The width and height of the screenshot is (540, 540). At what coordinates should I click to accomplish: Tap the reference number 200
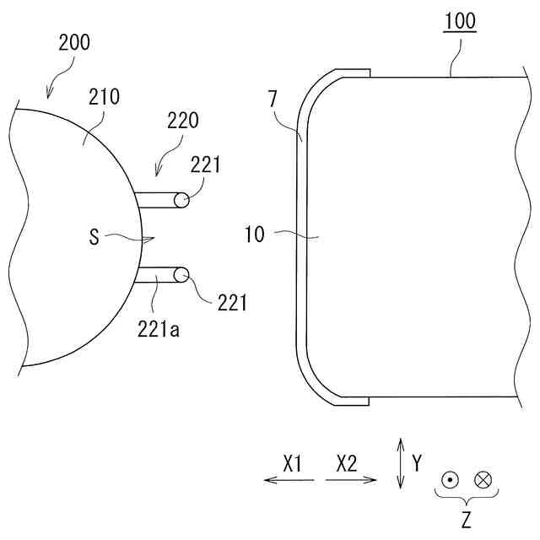74,43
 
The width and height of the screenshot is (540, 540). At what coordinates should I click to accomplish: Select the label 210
104,97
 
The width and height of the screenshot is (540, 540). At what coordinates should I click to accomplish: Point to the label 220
183,120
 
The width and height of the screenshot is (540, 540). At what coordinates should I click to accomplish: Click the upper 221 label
205,165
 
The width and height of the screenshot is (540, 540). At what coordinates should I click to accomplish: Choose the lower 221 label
232,303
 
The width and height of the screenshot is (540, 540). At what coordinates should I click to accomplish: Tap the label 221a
159,329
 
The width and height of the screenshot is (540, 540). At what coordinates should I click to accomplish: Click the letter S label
94,237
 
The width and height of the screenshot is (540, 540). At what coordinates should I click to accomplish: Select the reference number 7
273,100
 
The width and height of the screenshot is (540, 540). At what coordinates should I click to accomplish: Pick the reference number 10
255,235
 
